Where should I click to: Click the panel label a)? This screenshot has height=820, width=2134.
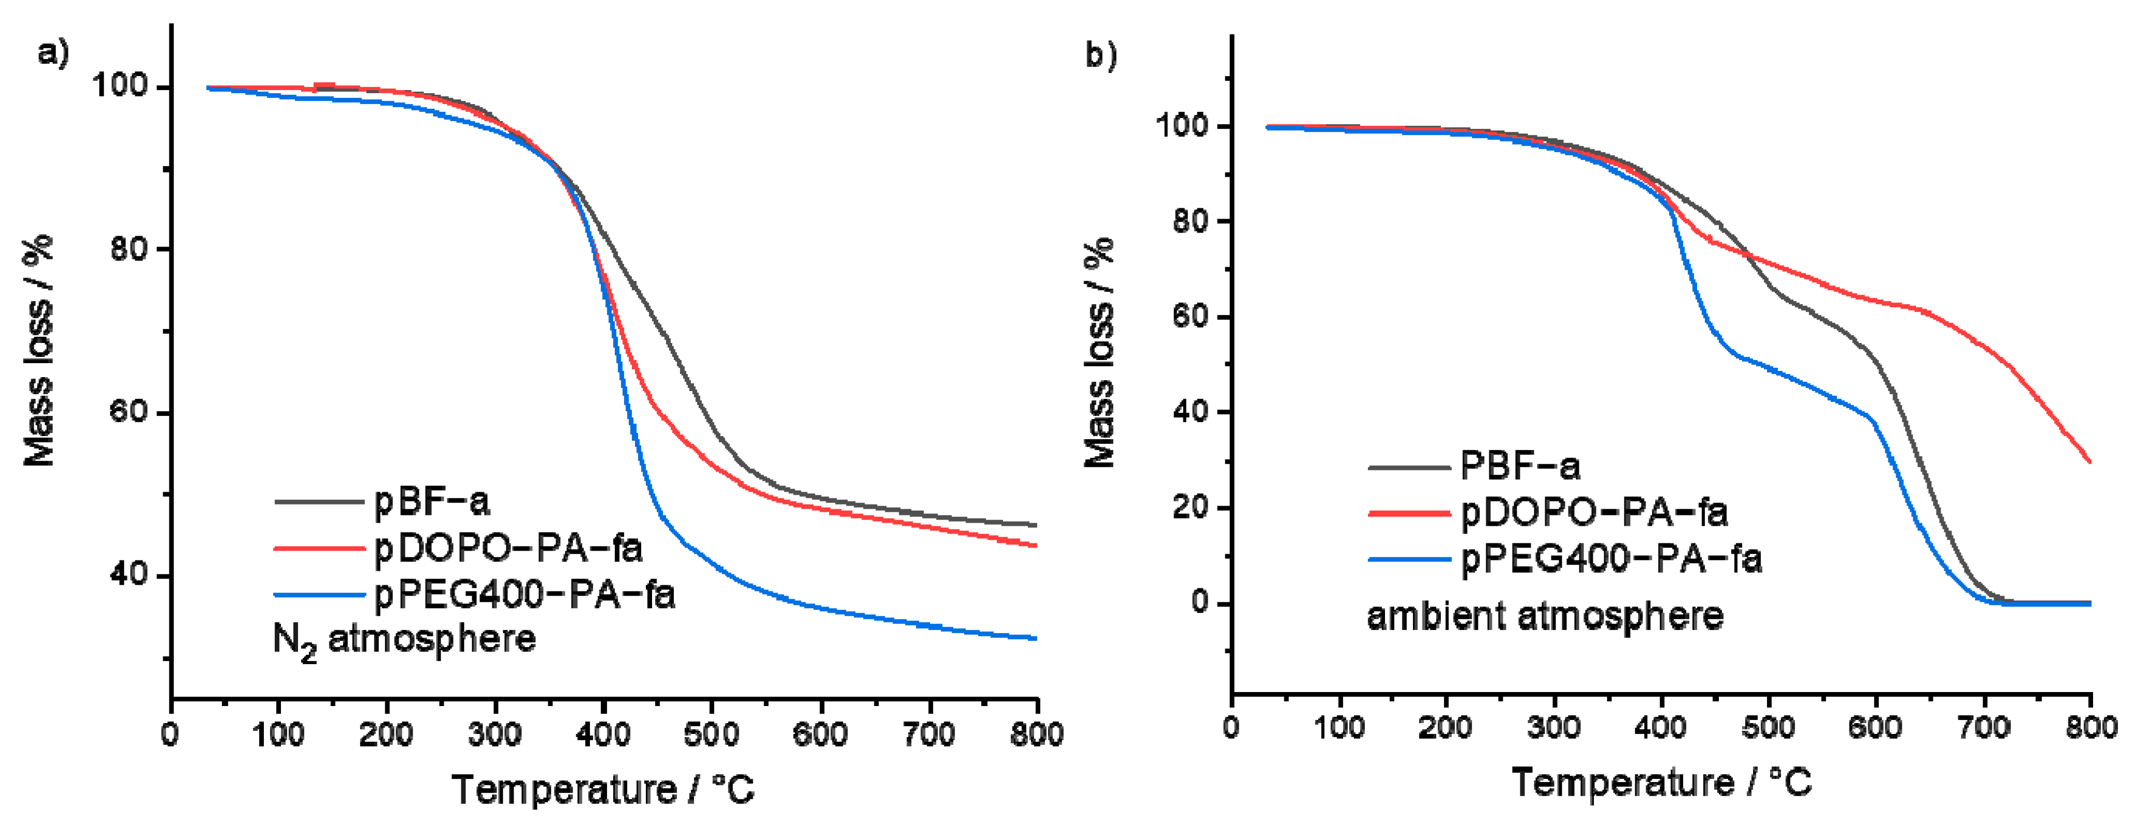click(53, 55)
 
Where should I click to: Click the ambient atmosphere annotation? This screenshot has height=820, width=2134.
click(1545, 617)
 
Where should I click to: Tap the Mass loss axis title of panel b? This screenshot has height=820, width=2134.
click(1099, 353)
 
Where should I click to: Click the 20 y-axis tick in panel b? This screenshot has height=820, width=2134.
click(1191, 508)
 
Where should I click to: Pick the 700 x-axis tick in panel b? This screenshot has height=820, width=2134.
click(1983, 728)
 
